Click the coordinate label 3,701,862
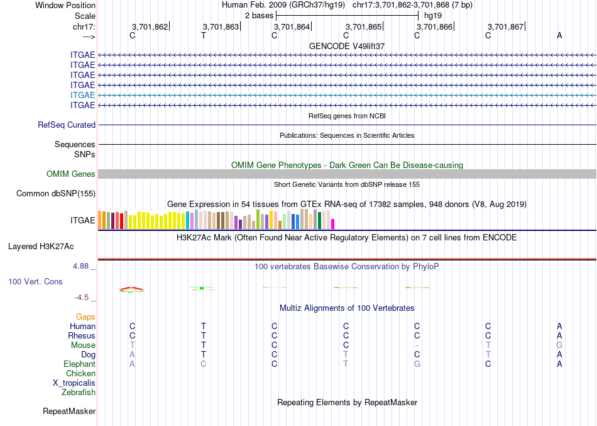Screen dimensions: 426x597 pos(150,27)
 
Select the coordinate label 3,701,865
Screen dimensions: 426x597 pos(363,27)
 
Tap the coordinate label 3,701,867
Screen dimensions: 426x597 pos(505,27)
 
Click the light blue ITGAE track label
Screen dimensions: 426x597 pos(83,95)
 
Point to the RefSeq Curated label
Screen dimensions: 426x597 pos(67,125)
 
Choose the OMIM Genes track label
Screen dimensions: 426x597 pos(71,174)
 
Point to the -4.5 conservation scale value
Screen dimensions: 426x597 pos(82,298)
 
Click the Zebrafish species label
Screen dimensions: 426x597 pos(79,393)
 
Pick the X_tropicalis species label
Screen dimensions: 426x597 pos(74,383)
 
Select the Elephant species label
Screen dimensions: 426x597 pos(80,364)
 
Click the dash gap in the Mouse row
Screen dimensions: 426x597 pos(417,345)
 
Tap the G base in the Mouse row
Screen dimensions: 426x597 pos(559,345)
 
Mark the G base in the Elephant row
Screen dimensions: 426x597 pos(417,364)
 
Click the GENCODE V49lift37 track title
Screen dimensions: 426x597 pos(347,47)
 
